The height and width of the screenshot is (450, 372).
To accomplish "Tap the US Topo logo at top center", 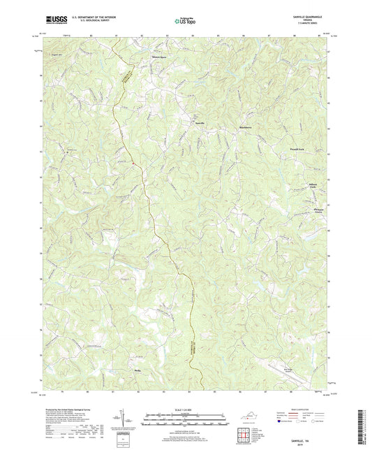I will click(184, 22).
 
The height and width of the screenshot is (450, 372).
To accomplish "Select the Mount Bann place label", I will click(160, 56).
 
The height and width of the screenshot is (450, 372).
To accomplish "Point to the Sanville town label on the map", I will click(199, 122).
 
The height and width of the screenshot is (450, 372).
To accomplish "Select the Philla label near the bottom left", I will click(137, 371).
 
